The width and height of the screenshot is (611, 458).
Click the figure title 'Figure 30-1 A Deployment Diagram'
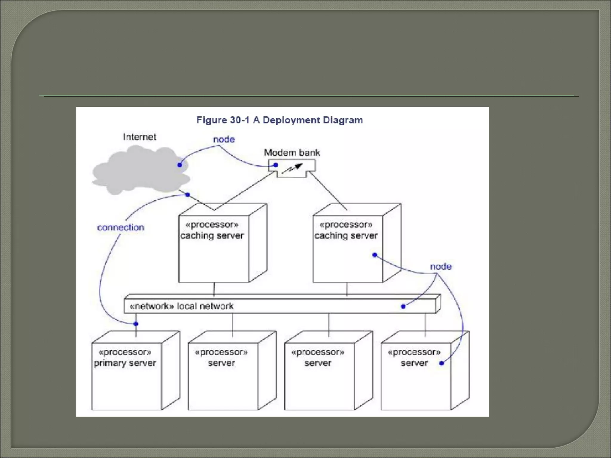tap(280, 120)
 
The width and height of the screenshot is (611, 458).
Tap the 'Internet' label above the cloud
tap(139, 137)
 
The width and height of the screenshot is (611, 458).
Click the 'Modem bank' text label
tap(292, 153)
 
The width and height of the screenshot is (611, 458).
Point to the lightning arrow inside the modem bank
tap(292, 169)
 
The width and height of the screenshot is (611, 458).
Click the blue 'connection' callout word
tap(121, 228)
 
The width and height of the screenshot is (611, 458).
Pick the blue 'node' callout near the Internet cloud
tap(224, 139)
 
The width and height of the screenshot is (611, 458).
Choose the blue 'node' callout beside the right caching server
tap(441, 267)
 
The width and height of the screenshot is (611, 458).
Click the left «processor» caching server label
tap(212, 230)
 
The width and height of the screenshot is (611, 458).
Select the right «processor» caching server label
tap(346, 230)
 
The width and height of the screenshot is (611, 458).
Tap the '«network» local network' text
tap(182, 306)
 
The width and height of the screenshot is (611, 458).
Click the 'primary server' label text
tap(125, 363)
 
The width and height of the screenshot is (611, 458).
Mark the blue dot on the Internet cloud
tap(180, 165)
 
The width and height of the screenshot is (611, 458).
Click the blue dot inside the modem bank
tap(276, 165)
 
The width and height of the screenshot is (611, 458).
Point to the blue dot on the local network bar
tap(403, 306)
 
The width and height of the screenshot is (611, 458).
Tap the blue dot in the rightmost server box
tap(442, 363)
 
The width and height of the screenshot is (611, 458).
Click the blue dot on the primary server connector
tap(136, 324)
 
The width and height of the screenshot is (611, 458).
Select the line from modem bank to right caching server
tap(328, 191)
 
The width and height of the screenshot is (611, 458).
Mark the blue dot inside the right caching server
tap(375, 255)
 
